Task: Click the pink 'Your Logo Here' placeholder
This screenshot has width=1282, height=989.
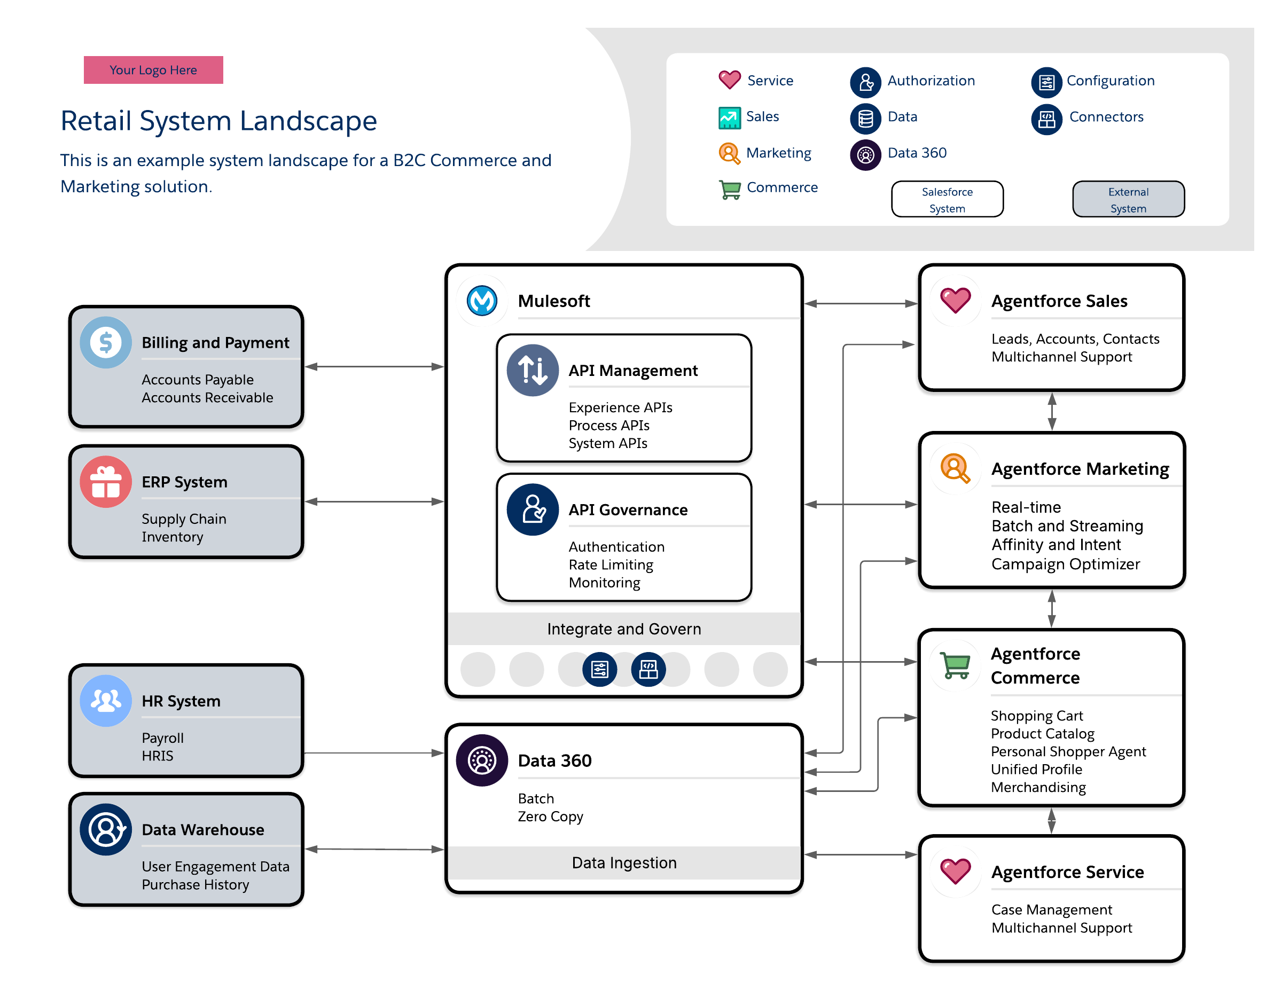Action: (153, 70)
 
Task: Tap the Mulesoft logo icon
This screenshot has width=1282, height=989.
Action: (482, 301)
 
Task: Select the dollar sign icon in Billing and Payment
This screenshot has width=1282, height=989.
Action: (106, 342)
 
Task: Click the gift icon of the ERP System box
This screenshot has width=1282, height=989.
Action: (106, 481)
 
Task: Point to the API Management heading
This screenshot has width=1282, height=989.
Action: (633, 371)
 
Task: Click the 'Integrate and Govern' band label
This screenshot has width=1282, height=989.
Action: (624, 629)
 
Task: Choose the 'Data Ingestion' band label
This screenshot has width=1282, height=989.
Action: (624, 862)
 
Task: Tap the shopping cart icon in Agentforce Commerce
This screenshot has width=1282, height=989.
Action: (955, 665)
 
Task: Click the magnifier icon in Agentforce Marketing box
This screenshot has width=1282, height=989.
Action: (955, 468)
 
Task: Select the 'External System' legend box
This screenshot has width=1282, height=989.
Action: (1128, 200)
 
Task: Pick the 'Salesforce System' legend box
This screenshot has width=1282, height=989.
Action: (947, 200)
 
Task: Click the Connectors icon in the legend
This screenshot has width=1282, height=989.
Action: (1046, 120)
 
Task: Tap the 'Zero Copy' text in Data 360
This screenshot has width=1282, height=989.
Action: (550, 817)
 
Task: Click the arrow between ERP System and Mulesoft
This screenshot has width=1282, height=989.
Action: (374, 501)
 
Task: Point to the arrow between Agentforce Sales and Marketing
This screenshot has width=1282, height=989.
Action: (1052, 411)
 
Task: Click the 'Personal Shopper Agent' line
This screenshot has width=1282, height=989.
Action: (1068, 751)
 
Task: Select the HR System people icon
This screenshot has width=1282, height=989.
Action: (106, 701)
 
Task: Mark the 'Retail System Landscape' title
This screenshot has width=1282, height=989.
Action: (218, 121)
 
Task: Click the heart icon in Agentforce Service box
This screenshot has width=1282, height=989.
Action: (955, 871)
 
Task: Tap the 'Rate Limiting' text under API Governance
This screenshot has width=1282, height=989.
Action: (611, 564)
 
